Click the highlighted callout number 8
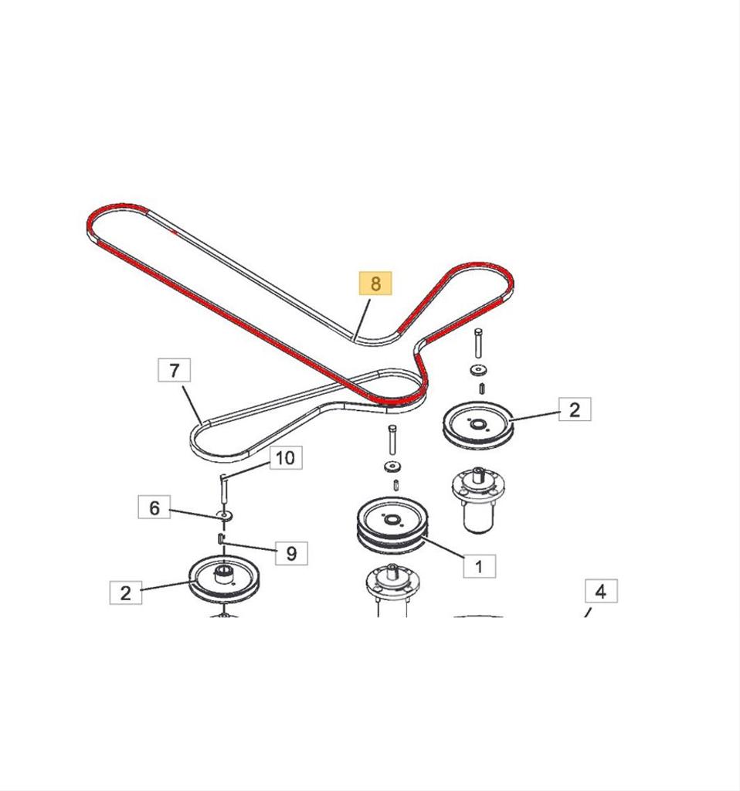point(375,283)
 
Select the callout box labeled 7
point(174,370)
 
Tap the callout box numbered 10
point(286,457)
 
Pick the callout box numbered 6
point(154,507)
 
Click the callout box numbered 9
point(291,553)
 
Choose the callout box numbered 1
point(479,566)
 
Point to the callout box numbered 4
point(601,591)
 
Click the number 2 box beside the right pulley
point(575,409)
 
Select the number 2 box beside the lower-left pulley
point(126,592)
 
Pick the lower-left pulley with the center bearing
point(224,579)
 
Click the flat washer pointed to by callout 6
point(224,515)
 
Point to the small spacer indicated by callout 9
point(220,538)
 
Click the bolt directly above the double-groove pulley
point(392,440)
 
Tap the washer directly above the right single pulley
point(477,371)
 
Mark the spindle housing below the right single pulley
point(478,500)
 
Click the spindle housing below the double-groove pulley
point(392,590)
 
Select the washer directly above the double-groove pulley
point(392,467)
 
